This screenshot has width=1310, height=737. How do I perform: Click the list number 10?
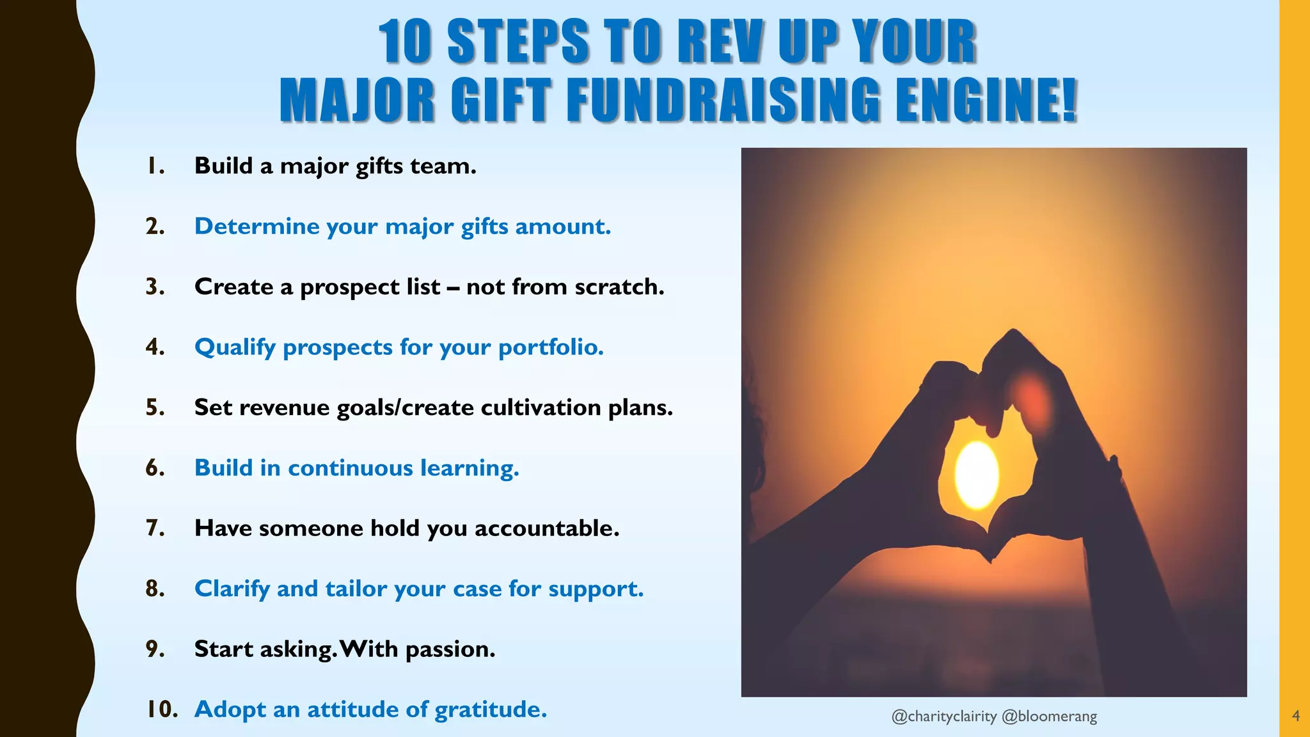click(161, 709)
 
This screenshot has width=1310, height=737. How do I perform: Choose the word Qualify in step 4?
click(235, 347)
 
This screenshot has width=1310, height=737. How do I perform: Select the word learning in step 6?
click(469, 468)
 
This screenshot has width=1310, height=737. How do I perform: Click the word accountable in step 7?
click(546, 528)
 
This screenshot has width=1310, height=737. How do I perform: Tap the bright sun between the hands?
click(977, 474)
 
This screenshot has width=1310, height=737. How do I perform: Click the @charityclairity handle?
click(943, 717)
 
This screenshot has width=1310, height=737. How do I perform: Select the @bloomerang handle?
click(1049, 717)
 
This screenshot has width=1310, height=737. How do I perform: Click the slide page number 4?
click(1296, 716)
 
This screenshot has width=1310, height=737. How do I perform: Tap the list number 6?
click(155, 468)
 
